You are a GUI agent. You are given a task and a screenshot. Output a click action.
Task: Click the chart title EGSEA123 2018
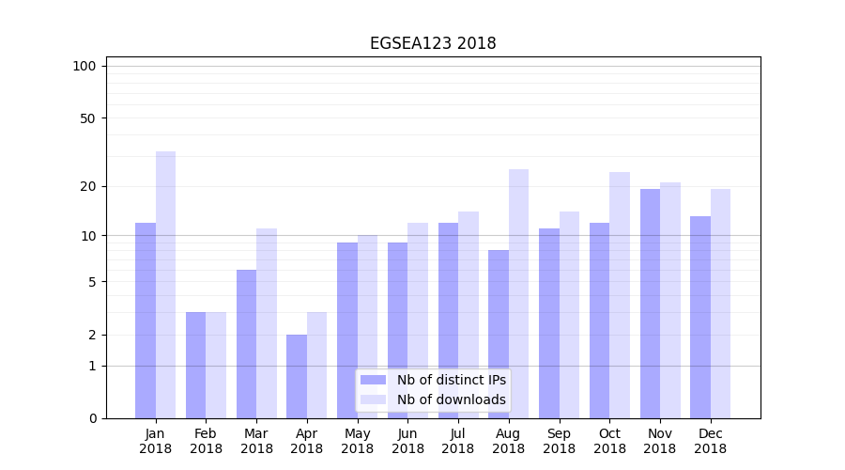pyautogui.click(x=433, y=43)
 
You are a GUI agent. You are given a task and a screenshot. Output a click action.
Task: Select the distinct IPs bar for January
pyautogui.click(x=146, y=321)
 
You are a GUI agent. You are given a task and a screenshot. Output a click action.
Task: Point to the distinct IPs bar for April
pyautogui.click(x=297, y=376)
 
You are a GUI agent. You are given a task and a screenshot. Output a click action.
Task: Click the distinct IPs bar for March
pyautogui.click(x=246, y=344)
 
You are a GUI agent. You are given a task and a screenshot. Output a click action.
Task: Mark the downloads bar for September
pyautogui.click(x=569, y=315)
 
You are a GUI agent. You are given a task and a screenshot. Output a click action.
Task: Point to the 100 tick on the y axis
pyautogui.click(x=84, y=66)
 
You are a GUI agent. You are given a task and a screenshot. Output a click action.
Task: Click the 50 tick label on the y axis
pyautogui.click(x=88, y=118)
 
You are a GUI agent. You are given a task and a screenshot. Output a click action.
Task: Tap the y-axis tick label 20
pyautogui.click(x=88, y=186)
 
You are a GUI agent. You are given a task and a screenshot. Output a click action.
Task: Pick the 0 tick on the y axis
pyautogui.click(x=92, y=418)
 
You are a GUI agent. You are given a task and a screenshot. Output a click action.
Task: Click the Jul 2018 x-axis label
pyautogui.click(x=458, y=441)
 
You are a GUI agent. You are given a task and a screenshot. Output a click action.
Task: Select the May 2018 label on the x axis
pyautogui.click(x=358, y=441)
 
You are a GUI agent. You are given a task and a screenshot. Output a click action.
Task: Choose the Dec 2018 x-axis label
pyautogui.click(x=710, y=441)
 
